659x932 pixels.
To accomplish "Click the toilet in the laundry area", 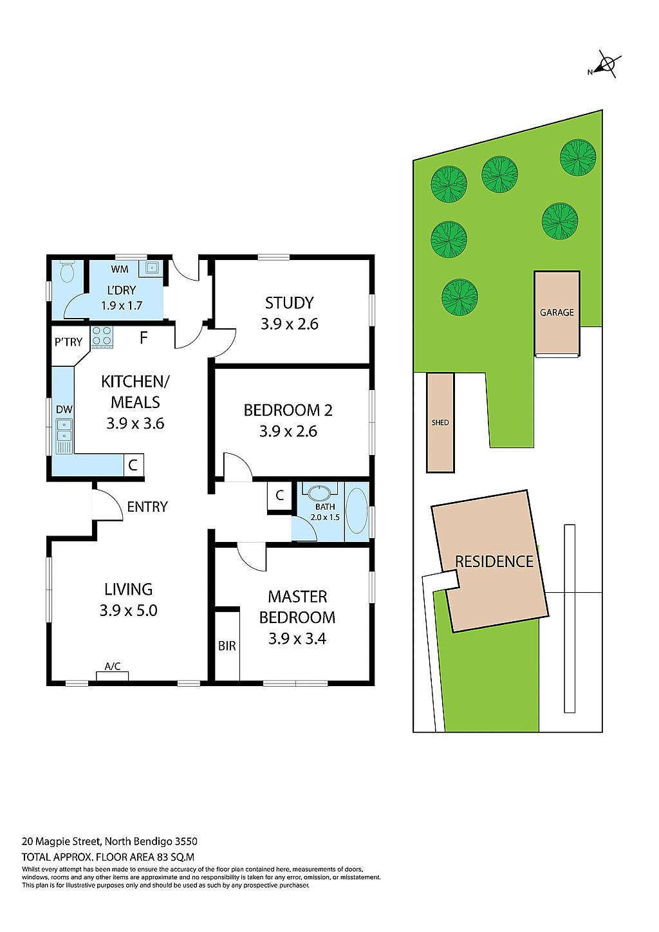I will tap(67, 272).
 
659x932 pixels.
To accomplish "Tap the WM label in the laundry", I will tap(120, 269).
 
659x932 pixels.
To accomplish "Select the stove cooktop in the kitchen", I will tap(102, 337).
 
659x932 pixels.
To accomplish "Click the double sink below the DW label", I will tap(64, 430).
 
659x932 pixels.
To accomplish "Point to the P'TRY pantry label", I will tap(68, 342).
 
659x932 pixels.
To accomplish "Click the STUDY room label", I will tap(290, 303).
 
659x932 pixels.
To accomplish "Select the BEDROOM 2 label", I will tap(288, 410).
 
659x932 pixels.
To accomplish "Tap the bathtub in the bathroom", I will tap(357, 511).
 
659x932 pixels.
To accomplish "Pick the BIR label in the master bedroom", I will tap(227, 646).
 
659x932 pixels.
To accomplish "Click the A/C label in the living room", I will tap(113, 666).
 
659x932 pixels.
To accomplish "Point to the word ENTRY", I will tap(147, 507).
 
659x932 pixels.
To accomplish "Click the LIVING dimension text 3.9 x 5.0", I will tap(128, 610).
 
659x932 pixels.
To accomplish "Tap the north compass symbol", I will tap(605, 65).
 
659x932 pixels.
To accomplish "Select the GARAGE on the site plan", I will tap(557, 313).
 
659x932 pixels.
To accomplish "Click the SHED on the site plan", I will tap(440, 422).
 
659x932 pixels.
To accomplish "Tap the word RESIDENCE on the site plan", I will tap(494, 561).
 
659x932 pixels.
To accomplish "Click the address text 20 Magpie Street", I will tap(61, 841).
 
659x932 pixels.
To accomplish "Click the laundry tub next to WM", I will tap(152, 268).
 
